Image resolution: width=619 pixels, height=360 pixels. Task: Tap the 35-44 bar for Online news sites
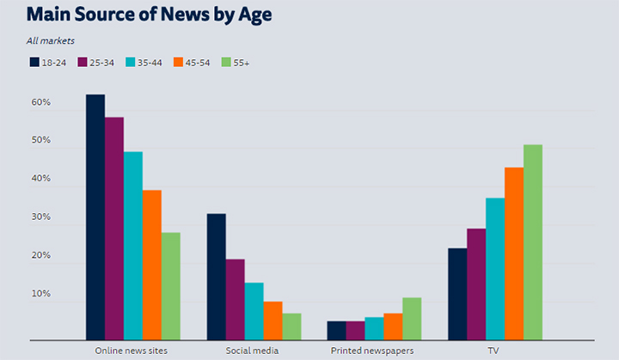[x=132, y=246]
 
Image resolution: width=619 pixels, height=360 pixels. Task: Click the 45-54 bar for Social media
[x=273, y=320]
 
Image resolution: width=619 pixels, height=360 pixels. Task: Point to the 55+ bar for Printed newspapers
[x=412, y=319]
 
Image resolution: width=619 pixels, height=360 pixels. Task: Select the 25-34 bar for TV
[x=476, y=284]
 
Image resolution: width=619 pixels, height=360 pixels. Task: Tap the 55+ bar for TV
[x=533, y=242]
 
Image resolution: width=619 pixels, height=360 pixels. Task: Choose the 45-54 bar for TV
[x=514, y=253]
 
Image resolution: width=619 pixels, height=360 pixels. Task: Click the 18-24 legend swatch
[x=34, y=62]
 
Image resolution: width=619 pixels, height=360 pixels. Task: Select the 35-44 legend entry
[x=144, y=62]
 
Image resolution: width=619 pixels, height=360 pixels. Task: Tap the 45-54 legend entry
[x=193, y=62]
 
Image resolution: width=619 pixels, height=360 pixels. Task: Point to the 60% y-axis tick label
[x=40, y=102]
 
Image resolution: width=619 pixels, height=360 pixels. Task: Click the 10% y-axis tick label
[x=40, y=295]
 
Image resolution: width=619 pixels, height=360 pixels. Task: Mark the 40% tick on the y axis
[x=40, y=180]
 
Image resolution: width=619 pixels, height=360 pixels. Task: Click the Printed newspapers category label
[x=372, y=351]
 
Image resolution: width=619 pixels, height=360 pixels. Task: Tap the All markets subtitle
[x=51, y=40]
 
